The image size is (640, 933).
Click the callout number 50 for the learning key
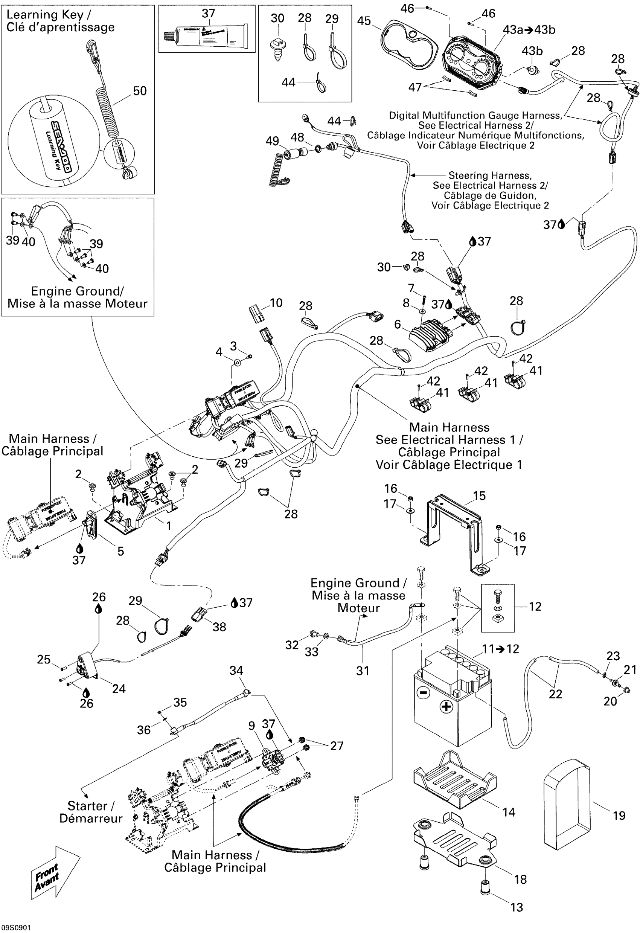tap(140, 91)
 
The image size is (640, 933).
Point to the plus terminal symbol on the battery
tap(446, 707)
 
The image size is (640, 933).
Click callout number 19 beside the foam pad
tap(619, 816)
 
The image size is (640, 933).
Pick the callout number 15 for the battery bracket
tap(479, 496)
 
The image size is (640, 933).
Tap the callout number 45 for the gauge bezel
tap(364, 21)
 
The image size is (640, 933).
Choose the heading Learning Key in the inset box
tap(49, 15)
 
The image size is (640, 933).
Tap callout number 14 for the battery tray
tap(508, 812)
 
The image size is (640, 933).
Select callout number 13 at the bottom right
tap(517, 907)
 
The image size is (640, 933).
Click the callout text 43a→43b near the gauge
tap(529, 30)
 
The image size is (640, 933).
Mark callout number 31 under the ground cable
tap(363, 671)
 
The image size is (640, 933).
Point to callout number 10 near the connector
tap(276, 303)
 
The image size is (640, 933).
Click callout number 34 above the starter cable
tap(236, 671)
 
